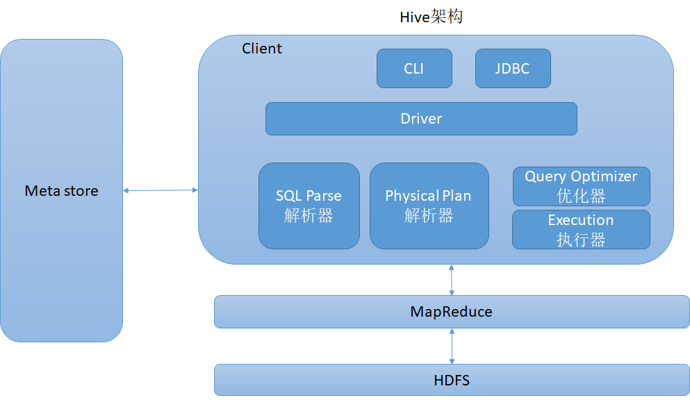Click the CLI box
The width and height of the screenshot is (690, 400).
pyautogui.click(x=414, y=69)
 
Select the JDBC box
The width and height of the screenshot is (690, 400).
pyautogui.click(x=513, y=69)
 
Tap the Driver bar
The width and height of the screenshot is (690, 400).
pyautogui.click(x=421, y=119)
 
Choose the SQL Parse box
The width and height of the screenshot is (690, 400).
pyautogui.click(x=309, y=206)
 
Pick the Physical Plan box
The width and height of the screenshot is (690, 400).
pyautogui.click(x=429, y=206)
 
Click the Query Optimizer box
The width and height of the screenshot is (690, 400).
pyautogui.click(x=582, y=186)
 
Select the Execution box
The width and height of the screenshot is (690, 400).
pyautogui.click(x=581, y=229)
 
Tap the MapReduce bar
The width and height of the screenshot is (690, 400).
pyautogui.click(x=452, y=312)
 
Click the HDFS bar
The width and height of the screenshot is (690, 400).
pyautogui.click(x=452, y=380)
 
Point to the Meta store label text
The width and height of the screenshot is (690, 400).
pyautogui.click(x=62, y=191)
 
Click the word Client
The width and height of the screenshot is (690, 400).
pyautogui.click(x=262, y=49)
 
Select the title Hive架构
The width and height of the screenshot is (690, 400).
pyautogui.click(x=432, y=17)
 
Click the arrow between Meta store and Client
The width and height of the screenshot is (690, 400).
pyautogui.click(x=161, y=190)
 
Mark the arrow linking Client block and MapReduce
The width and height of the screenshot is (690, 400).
pyautogui.click(x=452, y=280)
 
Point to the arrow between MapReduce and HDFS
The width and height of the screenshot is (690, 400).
pyautogui.click(x=452, y=347)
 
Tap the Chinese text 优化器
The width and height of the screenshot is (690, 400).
pyautogui.click(x=581, y=196)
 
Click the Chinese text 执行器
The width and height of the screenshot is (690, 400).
pyautogui.click(x=581, y=240)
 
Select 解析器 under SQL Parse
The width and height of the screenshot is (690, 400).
pyautogui.click(x=309, y=216)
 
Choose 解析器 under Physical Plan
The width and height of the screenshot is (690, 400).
pyautogui.click(x=429, y=216)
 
